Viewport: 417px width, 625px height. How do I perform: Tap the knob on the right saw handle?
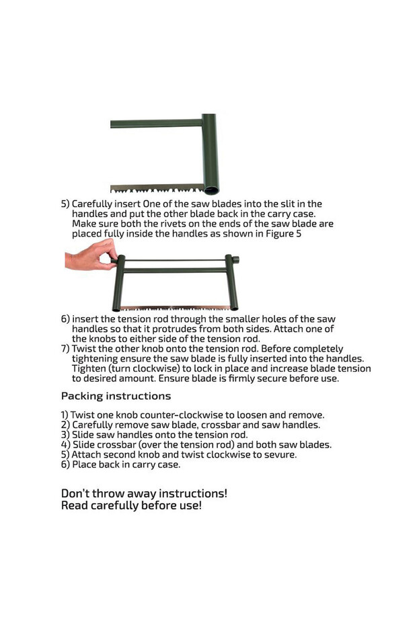point(235,260)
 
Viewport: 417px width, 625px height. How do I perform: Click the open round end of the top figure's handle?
point(212,189)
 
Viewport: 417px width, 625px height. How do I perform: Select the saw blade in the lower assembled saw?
point(175,308)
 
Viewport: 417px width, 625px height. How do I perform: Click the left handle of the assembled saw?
point(118,283)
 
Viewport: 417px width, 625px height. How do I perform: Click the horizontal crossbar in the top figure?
point(157,123)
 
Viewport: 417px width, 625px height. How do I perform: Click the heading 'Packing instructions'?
point(116,396)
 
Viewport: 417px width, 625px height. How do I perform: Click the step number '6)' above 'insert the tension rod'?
point(65,319)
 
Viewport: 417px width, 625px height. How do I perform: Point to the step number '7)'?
point(65,349)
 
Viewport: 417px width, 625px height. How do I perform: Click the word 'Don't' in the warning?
point(75,493)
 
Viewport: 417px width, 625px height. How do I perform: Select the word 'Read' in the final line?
point(75,505)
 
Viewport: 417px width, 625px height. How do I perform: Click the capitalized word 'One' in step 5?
point(151,204)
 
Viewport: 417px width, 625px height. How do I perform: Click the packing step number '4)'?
point(65,445)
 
